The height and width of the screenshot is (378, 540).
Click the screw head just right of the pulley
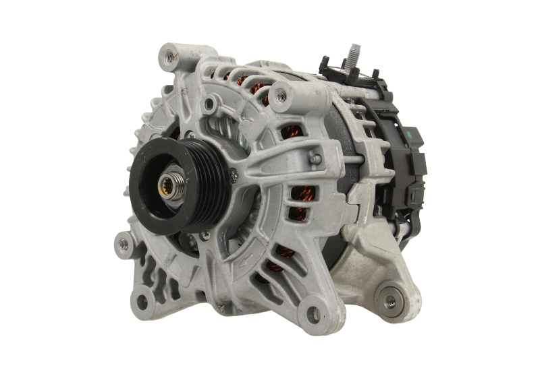click(x=234, y=175)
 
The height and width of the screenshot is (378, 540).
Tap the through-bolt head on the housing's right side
click(x=314, y=159)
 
